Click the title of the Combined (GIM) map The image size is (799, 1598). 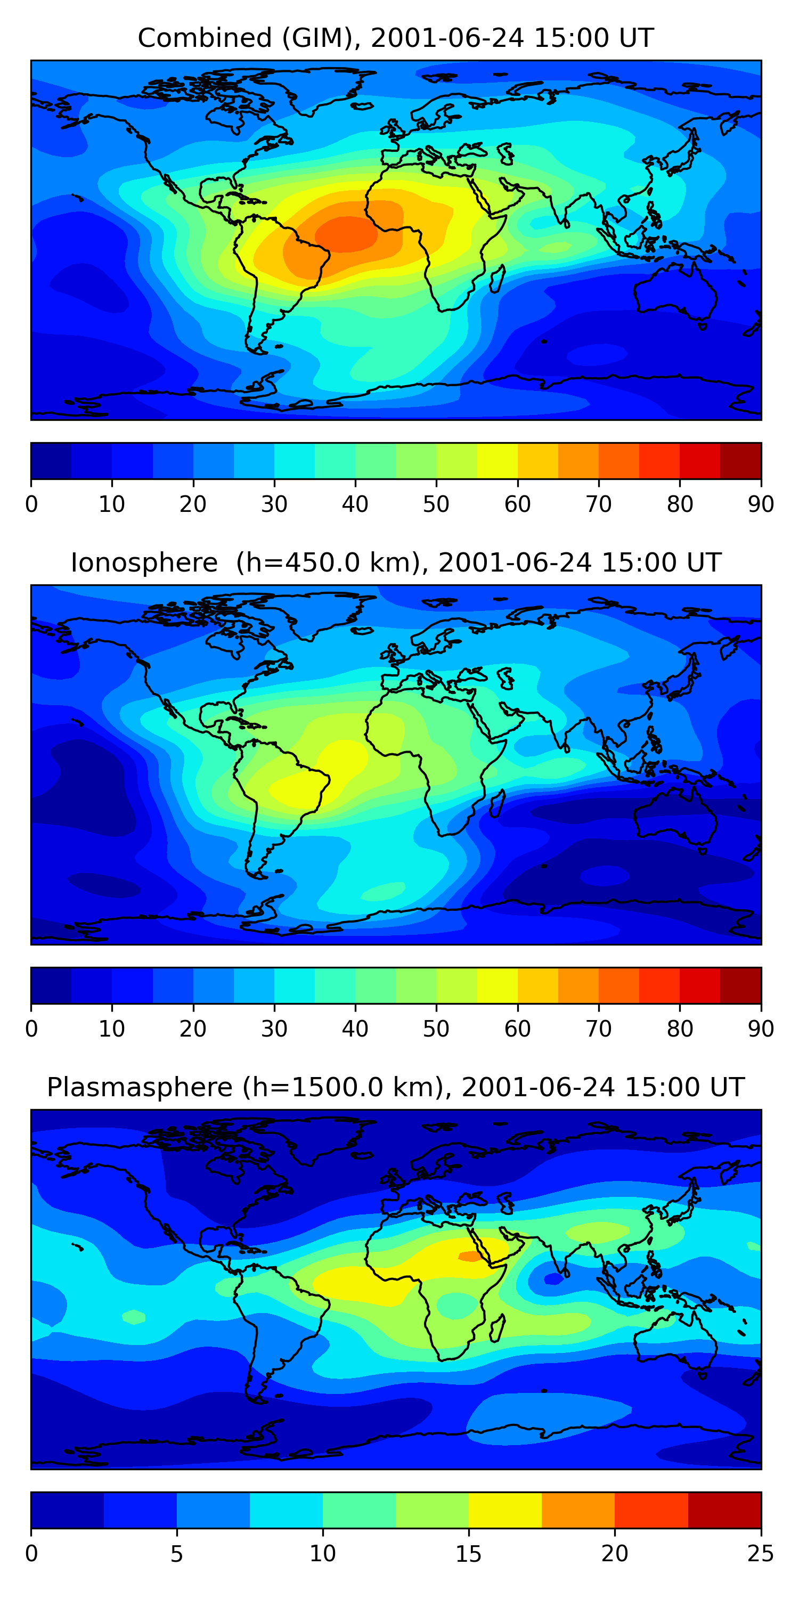(x=395, y=38)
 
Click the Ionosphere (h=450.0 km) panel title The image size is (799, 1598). (x=395, y=562)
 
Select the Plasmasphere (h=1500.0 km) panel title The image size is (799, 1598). (x=395, y=1088)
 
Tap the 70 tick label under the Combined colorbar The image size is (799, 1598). (x=599, y=504)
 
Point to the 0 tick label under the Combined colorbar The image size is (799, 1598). (x=31, y=504)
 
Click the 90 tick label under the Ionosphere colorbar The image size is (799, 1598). (x=761, y=1029)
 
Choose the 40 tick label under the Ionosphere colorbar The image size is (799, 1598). (x=355, y=1029)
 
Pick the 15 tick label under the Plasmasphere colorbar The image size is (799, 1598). (x=468, y=1554)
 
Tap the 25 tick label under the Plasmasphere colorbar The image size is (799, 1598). (x=761, y=1554)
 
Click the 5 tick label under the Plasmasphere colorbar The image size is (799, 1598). (x=177, y=1554)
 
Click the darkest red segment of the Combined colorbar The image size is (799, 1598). (x=741, y=461)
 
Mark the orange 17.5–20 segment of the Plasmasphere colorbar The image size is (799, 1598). (x=578, y=1511)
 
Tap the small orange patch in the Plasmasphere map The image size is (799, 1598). (x=470, y=1256)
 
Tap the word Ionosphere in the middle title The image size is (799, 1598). (x=144, y=562)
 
